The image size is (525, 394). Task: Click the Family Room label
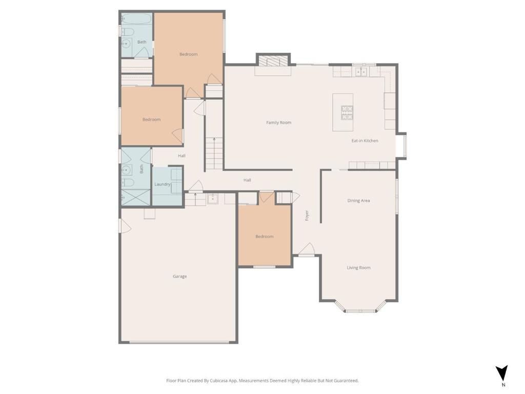click(x=278, y=123)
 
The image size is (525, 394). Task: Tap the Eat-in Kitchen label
click(x=365, y=141)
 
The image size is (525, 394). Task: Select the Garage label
click(x=179, y=277)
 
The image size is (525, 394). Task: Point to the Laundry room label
click(x=163, y=184)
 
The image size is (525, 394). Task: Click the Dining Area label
click(x=358, y=201)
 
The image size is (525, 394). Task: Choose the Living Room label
click(x=358, y=268)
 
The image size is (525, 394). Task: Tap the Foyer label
click(x=307, y=215)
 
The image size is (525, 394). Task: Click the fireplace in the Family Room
click(x=273, y=62)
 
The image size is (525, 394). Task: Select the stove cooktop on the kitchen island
click(x=347, y=112)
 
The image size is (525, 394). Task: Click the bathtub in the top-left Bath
click(x=136, y=19)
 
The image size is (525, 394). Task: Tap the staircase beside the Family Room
click(x=214, y=154)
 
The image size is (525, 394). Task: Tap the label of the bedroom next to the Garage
click(x=264, y=237)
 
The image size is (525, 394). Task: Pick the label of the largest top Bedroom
click(x=188, y=54)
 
